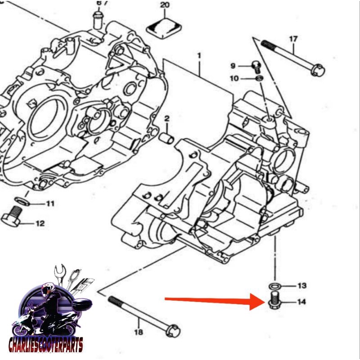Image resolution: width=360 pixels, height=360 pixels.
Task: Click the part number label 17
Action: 293,39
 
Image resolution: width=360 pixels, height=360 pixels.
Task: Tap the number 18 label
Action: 139,333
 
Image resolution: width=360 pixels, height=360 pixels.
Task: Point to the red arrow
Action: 211,301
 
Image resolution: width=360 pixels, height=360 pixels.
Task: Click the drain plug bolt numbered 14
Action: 273,301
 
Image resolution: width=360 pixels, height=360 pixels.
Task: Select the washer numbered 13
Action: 273,286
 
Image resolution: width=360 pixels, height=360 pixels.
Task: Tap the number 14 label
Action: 301,302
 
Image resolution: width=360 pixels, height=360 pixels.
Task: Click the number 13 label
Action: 301,286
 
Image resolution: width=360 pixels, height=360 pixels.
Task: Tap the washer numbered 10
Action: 259,79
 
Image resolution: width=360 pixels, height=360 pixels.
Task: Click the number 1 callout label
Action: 198,56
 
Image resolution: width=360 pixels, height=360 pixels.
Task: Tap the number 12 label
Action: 40,223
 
